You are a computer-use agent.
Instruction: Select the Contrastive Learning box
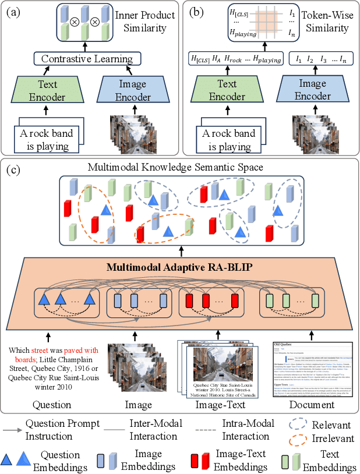pyautogui.click(x=87, y=59)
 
